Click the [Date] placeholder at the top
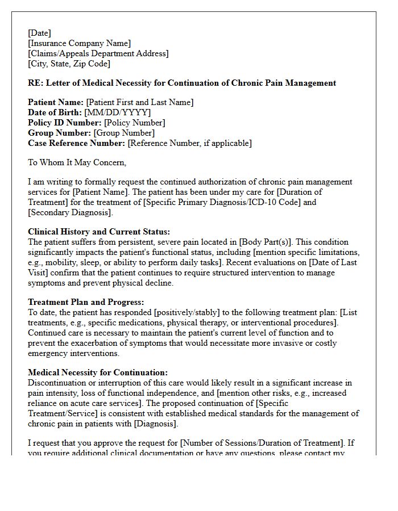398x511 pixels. (x=39, y=33)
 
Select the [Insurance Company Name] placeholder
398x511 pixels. (x=79, y=43)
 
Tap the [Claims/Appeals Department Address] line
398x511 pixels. (x=98, y=53)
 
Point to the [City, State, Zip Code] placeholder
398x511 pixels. (x=69, y=64)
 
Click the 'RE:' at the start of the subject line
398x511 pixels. (x=35, y=83)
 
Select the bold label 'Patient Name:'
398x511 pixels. (x=56, y=102)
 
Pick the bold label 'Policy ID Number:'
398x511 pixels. (x=64, y=123)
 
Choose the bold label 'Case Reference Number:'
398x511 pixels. (x=77, y=143)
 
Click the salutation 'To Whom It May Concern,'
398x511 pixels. (x=77, y=162)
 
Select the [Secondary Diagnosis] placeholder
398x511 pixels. (x=70, y=212)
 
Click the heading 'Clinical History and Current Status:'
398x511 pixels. (x=99, y=232)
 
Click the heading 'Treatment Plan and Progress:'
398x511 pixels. (x=86, y=302)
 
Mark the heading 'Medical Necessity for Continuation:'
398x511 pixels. (x=98, y=372)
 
